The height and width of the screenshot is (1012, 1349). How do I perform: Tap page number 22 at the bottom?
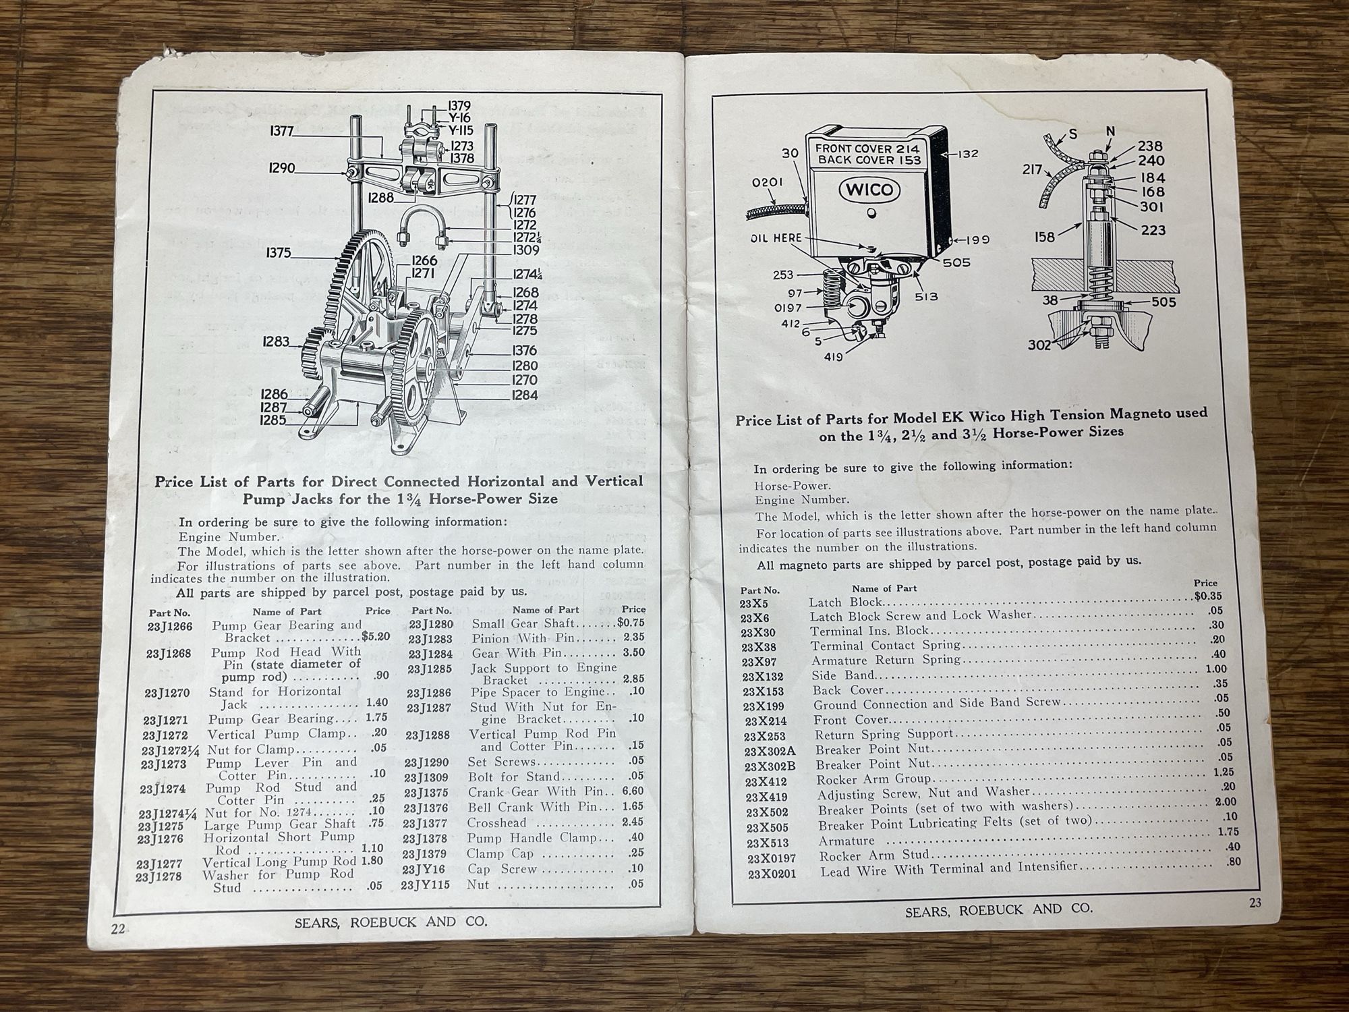click(118, 928)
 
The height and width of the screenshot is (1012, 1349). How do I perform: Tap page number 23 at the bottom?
click(1255, 903)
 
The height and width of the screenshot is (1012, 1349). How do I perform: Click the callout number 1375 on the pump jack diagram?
click(279, 253)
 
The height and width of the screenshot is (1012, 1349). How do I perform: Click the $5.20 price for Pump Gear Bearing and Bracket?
click(376, 636)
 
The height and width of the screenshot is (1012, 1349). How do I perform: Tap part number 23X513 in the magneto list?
click(766, 843)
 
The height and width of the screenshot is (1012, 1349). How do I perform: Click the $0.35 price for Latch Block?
click(1207, 596)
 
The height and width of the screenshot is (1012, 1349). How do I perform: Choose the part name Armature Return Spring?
click(886, 660)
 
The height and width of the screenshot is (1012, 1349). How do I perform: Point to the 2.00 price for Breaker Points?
click(1226, 802)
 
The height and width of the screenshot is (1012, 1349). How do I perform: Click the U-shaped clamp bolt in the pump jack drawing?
click(420, 227)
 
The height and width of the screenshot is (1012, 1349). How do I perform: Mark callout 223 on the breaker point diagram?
click(1153, 230)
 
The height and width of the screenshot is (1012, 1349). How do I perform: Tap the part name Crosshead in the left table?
click(496, 823)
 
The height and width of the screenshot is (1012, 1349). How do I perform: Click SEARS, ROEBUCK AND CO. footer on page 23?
click(998, 909)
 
